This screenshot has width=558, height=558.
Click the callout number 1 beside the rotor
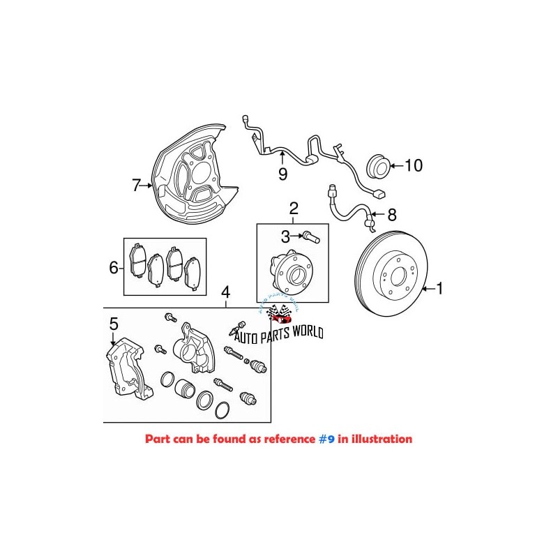[x=439, y=287]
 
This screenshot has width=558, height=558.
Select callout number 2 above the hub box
[x=294, y=208]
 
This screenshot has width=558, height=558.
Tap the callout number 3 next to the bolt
[x=285, y=237]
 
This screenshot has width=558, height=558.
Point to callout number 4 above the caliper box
[x=225, y=292]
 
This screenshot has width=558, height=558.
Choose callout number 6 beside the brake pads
[x=113, y=266]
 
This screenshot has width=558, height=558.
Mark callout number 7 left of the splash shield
[x=137, y=186]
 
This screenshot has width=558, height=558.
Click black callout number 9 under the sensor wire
[x=282, y=174]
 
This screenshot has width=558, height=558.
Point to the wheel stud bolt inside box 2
[x=312, y=238]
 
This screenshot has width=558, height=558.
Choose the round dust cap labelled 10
[x=377, y=167]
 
